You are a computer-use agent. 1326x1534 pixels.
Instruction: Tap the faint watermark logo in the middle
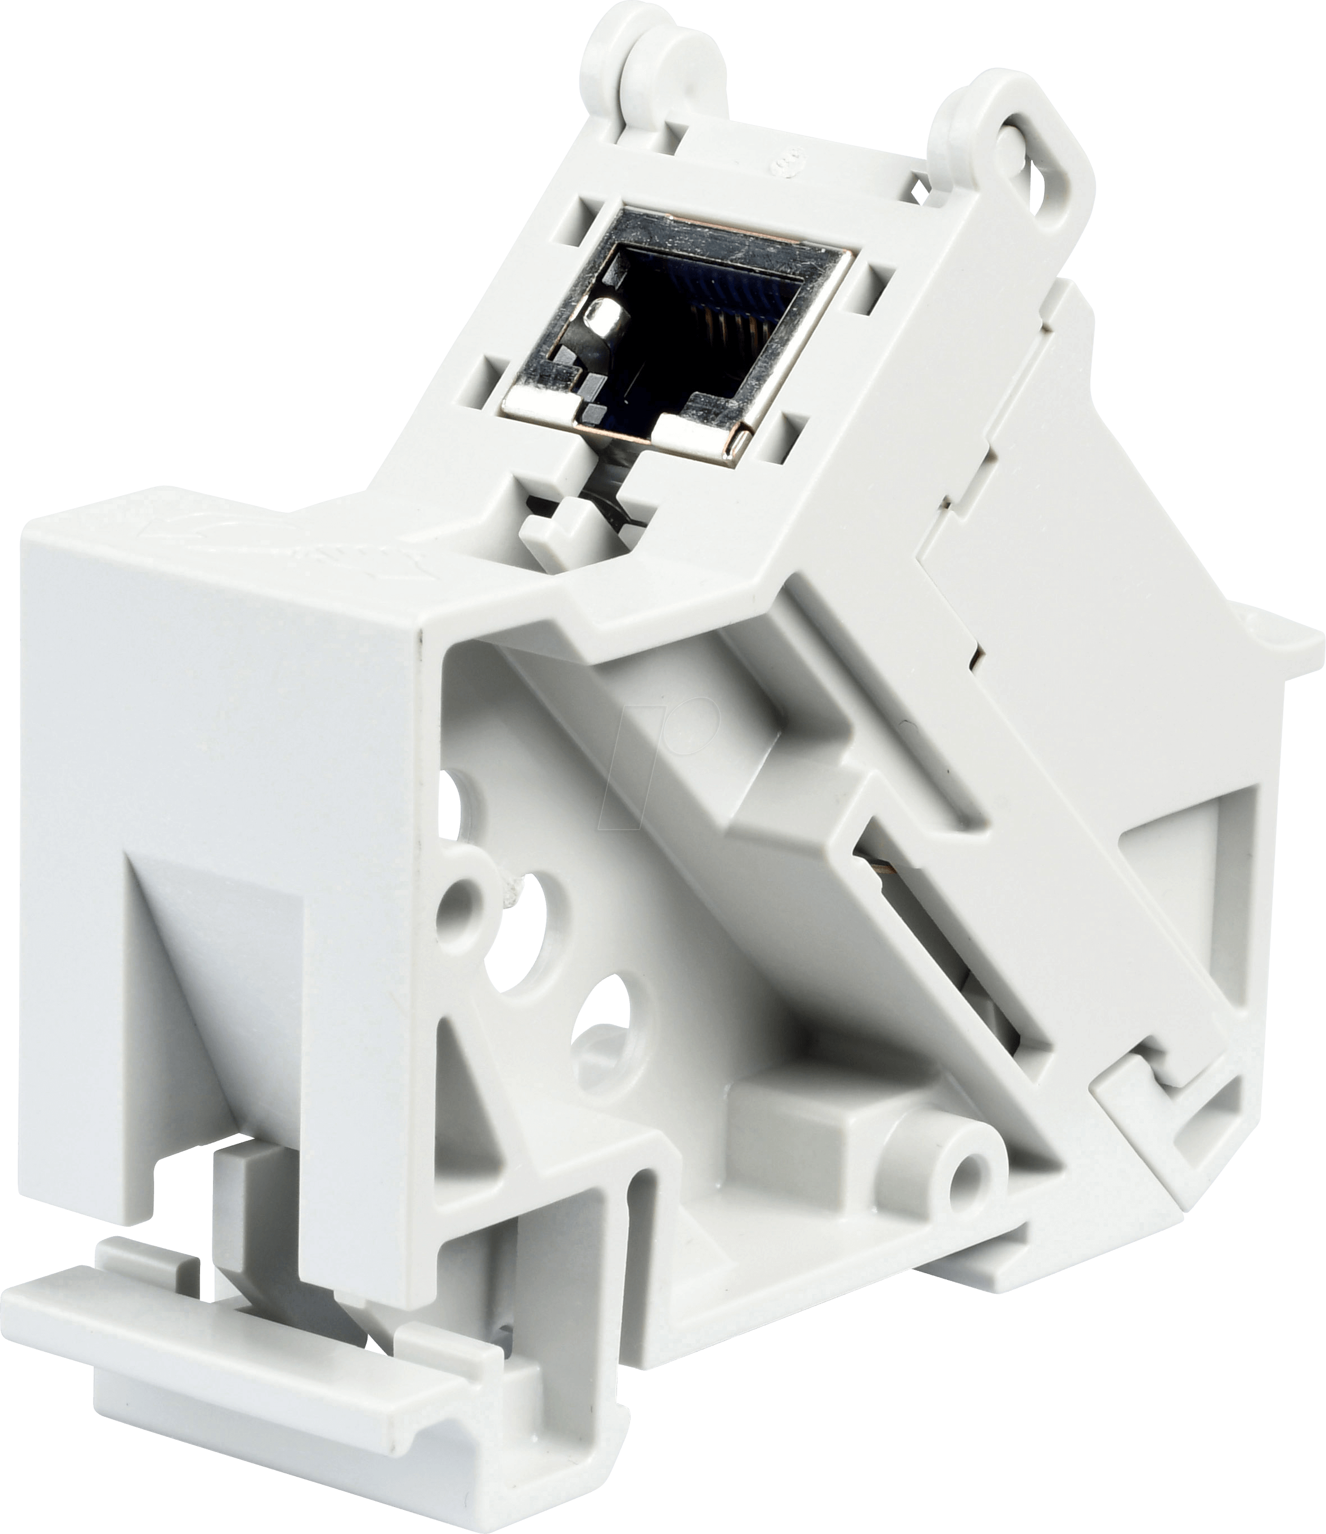(666, 740)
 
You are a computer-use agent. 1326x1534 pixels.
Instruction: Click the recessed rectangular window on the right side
(1184, 888)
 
